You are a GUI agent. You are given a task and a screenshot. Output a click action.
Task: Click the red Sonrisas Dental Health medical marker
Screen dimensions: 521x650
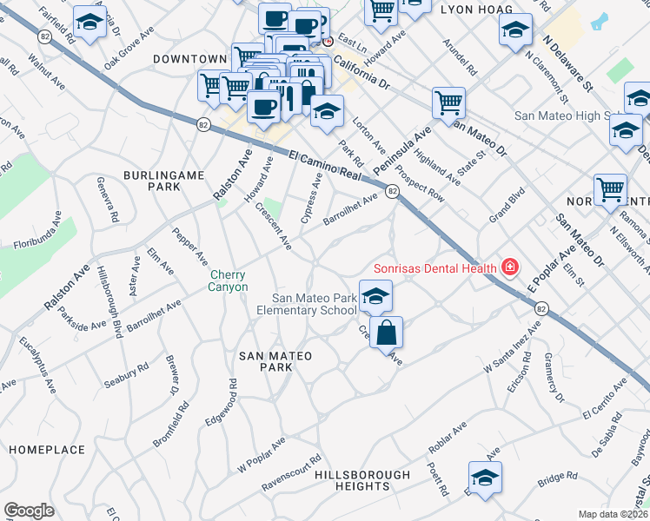(509, 267)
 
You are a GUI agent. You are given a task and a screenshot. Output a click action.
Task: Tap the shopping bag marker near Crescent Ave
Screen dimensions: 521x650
(386, 331)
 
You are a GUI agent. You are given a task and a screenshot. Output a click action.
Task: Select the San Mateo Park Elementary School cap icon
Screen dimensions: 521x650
(375, 296)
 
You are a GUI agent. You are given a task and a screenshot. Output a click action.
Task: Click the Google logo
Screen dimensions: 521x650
(29, 511)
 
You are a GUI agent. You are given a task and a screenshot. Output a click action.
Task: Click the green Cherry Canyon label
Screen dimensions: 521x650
(229, 280)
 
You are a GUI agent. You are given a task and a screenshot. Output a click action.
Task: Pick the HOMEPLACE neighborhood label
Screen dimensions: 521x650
(47, 450)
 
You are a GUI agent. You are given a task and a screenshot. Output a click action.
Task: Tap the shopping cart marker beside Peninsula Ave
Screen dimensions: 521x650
(448, 102)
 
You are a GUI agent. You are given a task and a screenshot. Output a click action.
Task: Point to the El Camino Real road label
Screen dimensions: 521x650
(324, 164)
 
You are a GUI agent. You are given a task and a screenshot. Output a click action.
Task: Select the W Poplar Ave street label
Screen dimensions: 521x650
(262, 455)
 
